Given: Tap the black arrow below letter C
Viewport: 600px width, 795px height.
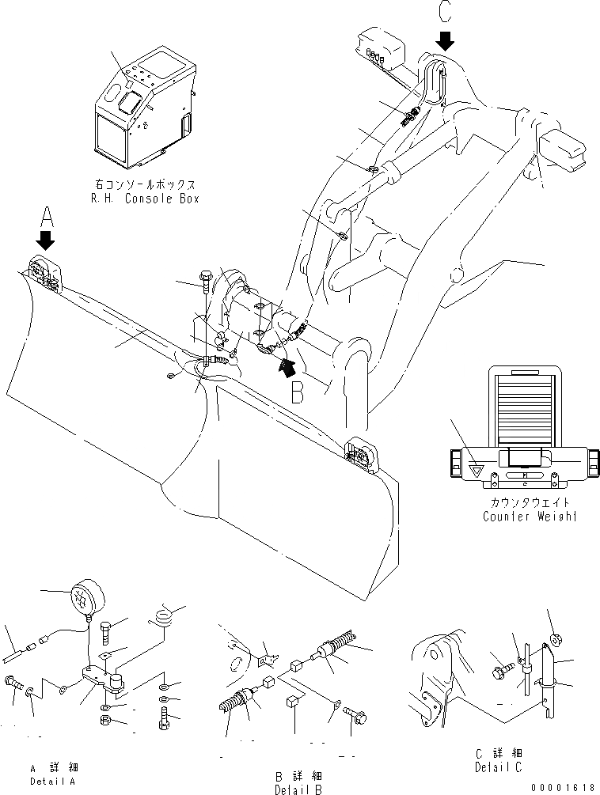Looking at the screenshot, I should tap(445, 40).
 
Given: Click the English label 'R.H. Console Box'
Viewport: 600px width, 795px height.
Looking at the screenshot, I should tap(144, 199).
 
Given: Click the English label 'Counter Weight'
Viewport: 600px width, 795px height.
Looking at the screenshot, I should tap(530, 516).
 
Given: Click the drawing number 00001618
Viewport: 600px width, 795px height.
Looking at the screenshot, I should tap(564, 787).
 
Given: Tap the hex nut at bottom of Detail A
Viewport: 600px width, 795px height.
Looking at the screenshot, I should tap(105, 720).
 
